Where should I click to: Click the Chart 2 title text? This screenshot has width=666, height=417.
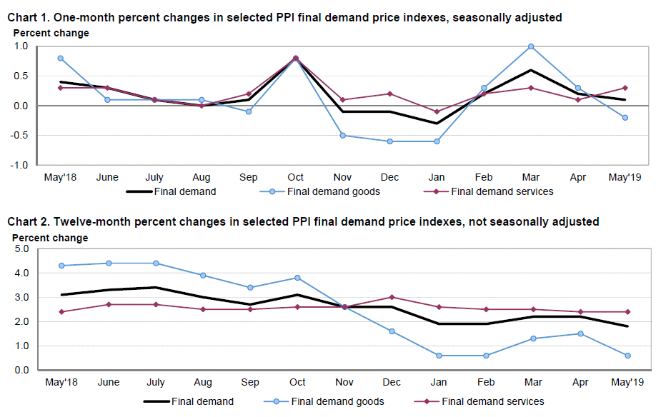click(x=303, y=222)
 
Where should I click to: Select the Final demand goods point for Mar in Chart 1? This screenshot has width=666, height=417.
click(x=531, y=46)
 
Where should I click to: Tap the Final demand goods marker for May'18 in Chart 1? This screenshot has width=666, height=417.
click(x=61, y=58)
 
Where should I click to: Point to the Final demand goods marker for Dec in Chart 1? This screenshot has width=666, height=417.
click(x=389, y=141)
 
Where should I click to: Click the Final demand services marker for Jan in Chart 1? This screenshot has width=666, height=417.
click(x=437, y=111)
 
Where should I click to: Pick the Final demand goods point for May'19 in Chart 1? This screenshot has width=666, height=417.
click(x=625, y=118)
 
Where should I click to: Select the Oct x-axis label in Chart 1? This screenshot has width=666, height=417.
click(x=295, y=177)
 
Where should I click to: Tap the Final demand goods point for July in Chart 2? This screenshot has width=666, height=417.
click(x=155, y=263)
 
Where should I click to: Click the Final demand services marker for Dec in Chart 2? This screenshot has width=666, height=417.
click(x=391, y=297)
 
